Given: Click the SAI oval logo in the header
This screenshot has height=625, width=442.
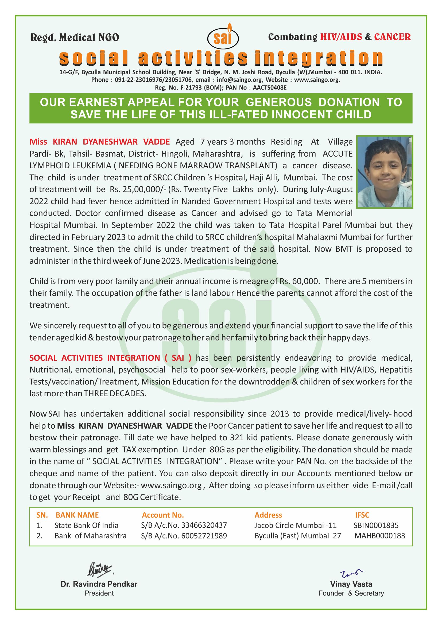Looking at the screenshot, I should [x=223, y=38].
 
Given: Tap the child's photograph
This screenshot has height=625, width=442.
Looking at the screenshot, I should [x=385, y=172].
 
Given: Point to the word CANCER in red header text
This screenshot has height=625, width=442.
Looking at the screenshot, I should [x=393, y=37].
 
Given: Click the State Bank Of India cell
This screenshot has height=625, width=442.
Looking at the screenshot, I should [x=86, y=525].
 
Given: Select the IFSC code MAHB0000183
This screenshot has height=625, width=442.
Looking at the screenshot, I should [x=380, y=536].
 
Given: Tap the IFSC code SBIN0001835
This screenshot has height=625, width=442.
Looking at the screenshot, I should [x=376, y=525].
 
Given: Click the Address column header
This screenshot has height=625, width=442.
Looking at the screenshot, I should [x=268, y=515].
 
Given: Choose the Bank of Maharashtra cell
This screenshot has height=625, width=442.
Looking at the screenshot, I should [x=90, y=536].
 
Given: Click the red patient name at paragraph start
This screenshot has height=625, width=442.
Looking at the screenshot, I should [x=100, y=142].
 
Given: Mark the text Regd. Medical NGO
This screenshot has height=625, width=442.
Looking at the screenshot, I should [x=75, y=38].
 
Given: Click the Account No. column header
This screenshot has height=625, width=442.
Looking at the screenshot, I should [x=163, y=515].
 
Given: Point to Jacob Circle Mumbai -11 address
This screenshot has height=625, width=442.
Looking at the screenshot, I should [x=295, y=525].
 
